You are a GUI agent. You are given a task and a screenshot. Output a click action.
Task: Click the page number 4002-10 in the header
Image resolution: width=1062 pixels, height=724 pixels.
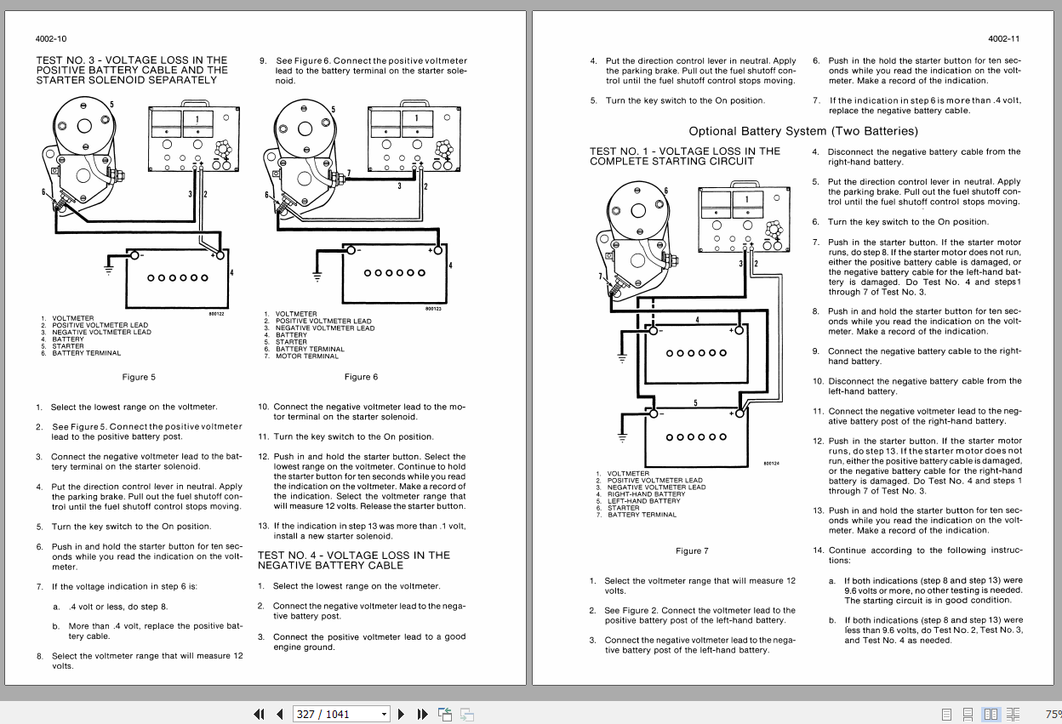[51, 39]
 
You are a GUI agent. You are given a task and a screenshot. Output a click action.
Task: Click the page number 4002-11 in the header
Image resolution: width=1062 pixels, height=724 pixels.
[1004, 39]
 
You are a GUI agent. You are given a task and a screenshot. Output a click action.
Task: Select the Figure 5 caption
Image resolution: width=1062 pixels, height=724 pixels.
[140, 377]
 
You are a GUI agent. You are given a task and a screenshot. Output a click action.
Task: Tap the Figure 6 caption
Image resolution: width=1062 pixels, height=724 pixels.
[361, 377]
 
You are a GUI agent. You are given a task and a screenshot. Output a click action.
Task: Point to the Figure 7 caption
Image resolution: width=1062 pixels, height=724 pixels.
[692, 550]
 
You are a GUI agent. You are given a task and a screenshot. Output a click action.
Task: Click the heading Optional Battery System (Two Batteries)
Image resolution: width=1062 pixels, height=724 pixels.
[803, 131]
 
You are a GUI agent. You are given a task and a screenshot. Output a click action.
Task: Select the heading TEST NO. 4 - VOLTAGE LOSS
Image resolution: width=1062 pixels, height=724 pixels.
[354, 560]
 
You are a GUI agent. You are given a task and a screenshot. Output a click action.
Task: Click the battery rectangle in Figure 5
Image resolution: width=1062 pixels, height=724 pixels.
[177, 279]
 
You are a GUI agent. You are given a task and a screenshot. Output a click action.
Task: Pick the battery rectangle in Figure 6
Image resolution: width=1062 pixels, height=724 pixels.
[394, 274]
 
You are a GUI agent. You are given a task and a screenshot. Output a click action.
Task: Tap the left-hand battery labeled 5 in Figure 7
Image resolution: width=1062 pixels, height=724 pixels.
[695, 437]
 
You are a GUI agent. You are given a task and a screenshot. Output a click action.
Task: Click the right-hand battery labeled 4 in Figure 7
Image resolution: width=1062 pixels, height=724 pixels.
[695, 353]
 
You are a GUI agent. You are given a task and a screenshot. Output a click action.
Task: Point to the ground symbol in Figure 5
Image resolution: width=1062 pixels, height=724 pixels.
[108, 269]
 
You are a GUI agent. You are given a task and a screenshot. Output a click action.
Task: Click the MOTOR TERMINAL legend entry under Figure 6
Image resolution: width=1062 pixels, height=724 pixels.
[307, 356]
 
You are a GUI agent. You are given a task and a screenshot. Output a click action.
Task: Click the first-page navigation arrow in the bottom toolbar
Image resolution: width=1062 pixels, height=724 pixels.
[259, 714]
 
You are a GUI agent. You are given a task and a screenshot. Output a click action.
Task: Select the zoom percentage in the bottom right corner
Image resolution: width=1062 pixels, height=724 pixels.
[1053, 714]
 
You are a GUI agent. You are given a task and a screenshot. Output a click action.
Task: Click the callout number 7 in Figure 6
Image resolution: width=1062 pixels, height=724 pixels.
[348, 174]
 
